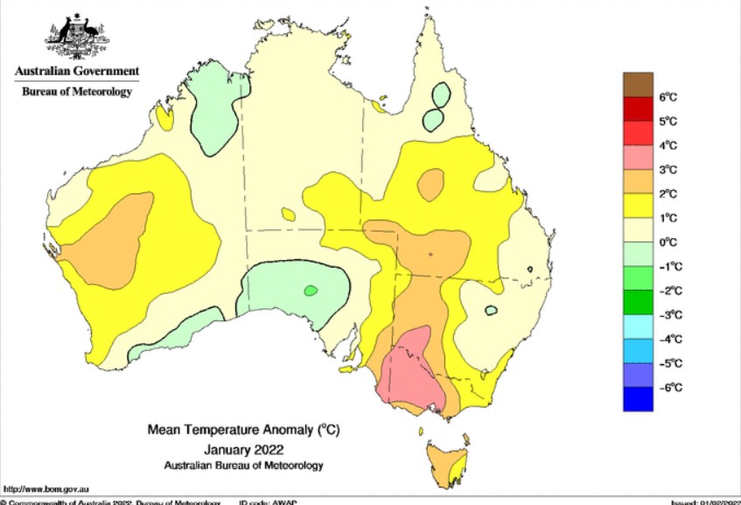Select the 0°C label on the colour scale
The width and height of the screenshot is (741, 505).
pyautogui.click(x=668, y=242)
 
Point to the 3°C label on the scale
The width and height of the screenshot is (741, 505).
pyautogui.click(x=668, y=170)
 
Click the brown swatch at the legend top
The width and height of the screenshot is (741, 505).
pyautogui.click(x=638, y=84)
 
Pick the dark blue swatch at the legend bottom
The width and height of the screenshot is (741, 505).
pyautogui.click(x=638, y=398)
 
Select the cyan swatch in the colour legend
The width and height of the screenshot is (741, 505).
pyautogui.click(x=638, y=326)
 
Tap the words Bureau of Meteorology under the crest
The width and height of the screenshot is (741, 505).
pyautogui.click(x=76, y=91)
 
